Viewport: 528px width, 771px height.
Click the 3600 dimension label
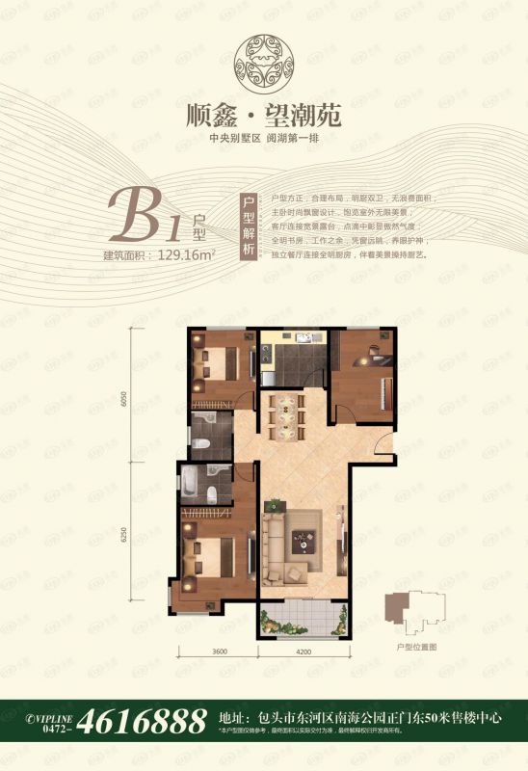219,653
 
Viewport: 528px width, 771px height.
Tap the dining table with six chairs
286,411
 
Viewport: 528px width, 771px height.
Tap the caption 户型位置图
417,650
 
